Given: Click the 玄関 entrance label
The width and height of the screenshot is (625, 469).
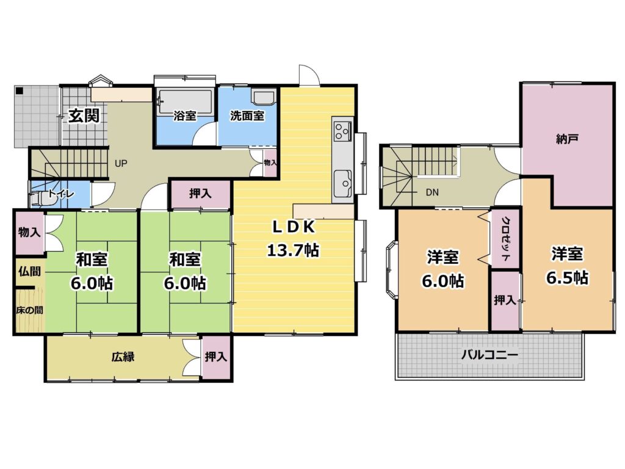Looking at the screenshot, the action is tap(84, 115).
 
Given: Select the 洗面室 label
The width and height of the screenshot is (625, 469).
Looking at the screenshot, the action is tap(247, 115).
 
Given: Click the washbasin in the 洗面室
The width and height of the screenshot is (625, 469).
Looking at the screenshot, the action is tap(263, 97).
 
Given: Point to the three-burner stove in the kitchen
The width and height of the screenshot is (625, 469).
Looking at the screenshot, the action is tap(342, 130).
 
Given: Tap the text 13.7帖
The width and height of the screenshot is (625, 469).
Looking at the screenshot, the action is tap(293, 250).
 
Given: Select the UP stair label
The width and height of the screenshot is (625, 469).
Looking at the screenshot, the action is tap(121, 164).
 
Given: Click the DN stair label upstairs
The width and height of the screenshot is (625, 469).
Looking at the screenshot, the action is tap(432, 192).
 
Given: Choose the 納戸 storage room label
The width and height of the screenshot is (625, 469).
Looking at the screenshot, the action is tap(567, 139).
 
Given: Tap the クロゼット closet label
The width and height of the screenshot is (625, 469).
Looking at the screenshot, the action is tap(505, 239).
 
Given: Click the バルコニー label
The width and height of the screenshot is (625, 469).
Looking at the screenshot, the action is tap(490, 355).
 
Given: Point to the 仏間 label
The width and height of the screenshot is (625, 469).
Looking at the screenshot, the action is tap(29, 272).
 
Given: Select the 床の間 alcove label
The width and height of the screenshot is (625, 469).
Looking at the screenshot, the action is tap(29, 310).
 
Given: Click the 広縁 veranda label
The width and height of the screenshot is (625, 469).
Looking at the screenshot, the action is tap(123, 357).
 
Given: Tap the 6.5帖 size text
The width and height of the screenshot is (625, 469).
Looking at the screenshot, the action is tap(567, 278).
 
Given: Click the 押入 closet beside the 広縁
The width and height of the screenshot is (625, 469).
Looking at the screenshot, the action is tap(217, 357).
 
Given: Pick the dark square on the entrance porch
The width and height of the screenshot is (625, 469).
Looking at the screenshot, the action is tap(19, 90).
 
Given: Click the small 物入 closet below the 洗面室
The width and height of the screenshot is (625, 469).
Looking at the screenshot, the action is tap(270, 162).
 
